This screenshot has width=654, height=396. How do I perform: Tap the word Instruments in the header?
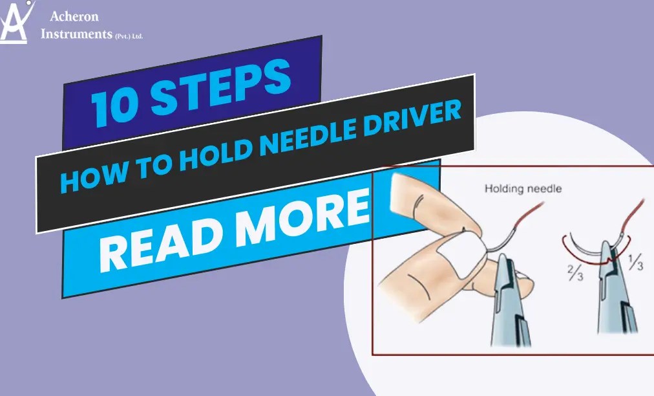[x=76, y=34]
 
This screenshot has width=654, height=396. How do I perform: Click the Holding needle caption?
[x=523, y=189]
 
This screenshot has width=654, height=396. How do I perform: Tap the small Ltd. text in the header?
[x=136, y=38]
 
